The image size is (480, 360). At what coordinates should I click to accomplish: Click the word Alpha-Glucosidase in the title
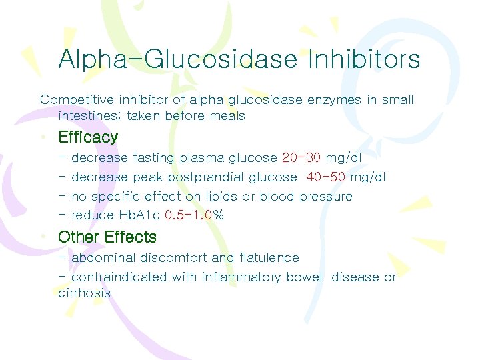point(177,59)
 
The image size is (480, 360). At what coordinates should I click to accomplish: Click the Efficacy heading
point(88,137)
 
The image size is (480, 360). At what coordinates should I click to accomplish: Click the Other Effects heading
point(107,237)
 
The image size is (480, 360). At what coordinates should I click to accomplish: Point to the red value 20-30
point(301,158)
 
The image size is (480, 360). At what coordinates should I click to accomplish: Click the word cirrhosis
point(84,293)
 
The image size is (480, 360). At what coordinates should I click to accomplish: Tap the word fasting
point(153,158)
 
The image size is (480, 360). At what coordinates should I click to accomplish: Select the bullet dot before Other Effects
point(43,238)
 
